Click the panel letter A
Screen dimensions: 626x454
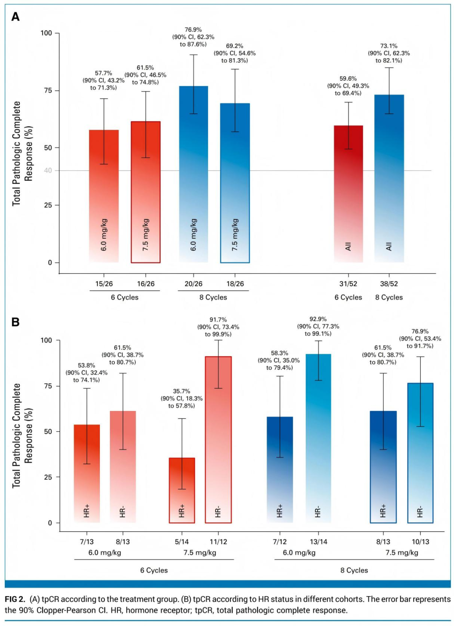16,17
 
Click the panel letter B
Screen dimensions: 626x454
16,322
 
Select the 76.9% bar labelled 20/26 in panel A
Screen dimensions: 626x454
193,175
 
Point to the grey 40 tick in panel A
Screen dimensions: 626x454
48,170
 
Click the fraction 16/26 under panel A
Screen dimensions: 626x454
145,284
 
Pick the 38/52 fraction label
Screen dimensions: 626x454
389,284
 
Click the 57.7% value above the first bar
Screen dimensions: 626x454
103,73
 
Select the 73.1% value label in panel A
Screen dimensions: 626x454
389,46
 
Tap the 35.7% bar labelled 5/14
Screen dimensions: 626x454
182,491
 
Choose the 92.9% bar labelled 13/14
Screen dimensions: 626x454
318,438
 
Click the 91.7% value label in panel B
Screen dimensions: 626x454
218,320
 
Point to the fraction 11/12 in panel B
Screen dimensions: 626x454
218,542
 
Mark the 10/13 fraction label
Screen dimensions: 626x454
420,542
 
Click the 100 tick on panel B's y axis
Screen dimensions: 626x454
46,340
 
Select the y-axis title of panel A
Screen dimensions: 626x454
22,153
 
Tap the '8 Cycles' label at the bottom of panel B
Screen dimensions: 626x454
354,570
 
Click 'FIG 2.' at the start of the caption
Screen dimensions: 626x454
15,599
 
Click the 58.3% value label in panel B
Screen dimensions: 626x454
279,353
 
